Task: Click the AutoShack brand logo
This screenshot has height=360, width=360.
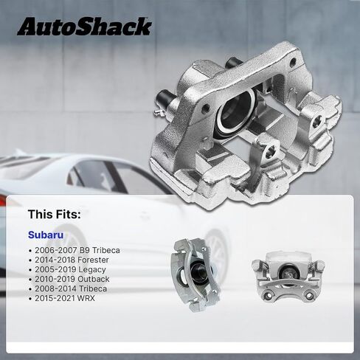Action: point(84,27)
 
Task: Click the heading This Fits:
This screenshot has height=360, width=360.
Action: point(54,214)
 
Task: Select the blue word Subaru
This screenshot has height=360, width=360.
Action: point(46,235)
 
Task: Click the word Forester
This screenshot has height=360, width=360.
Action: point(93,260)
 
